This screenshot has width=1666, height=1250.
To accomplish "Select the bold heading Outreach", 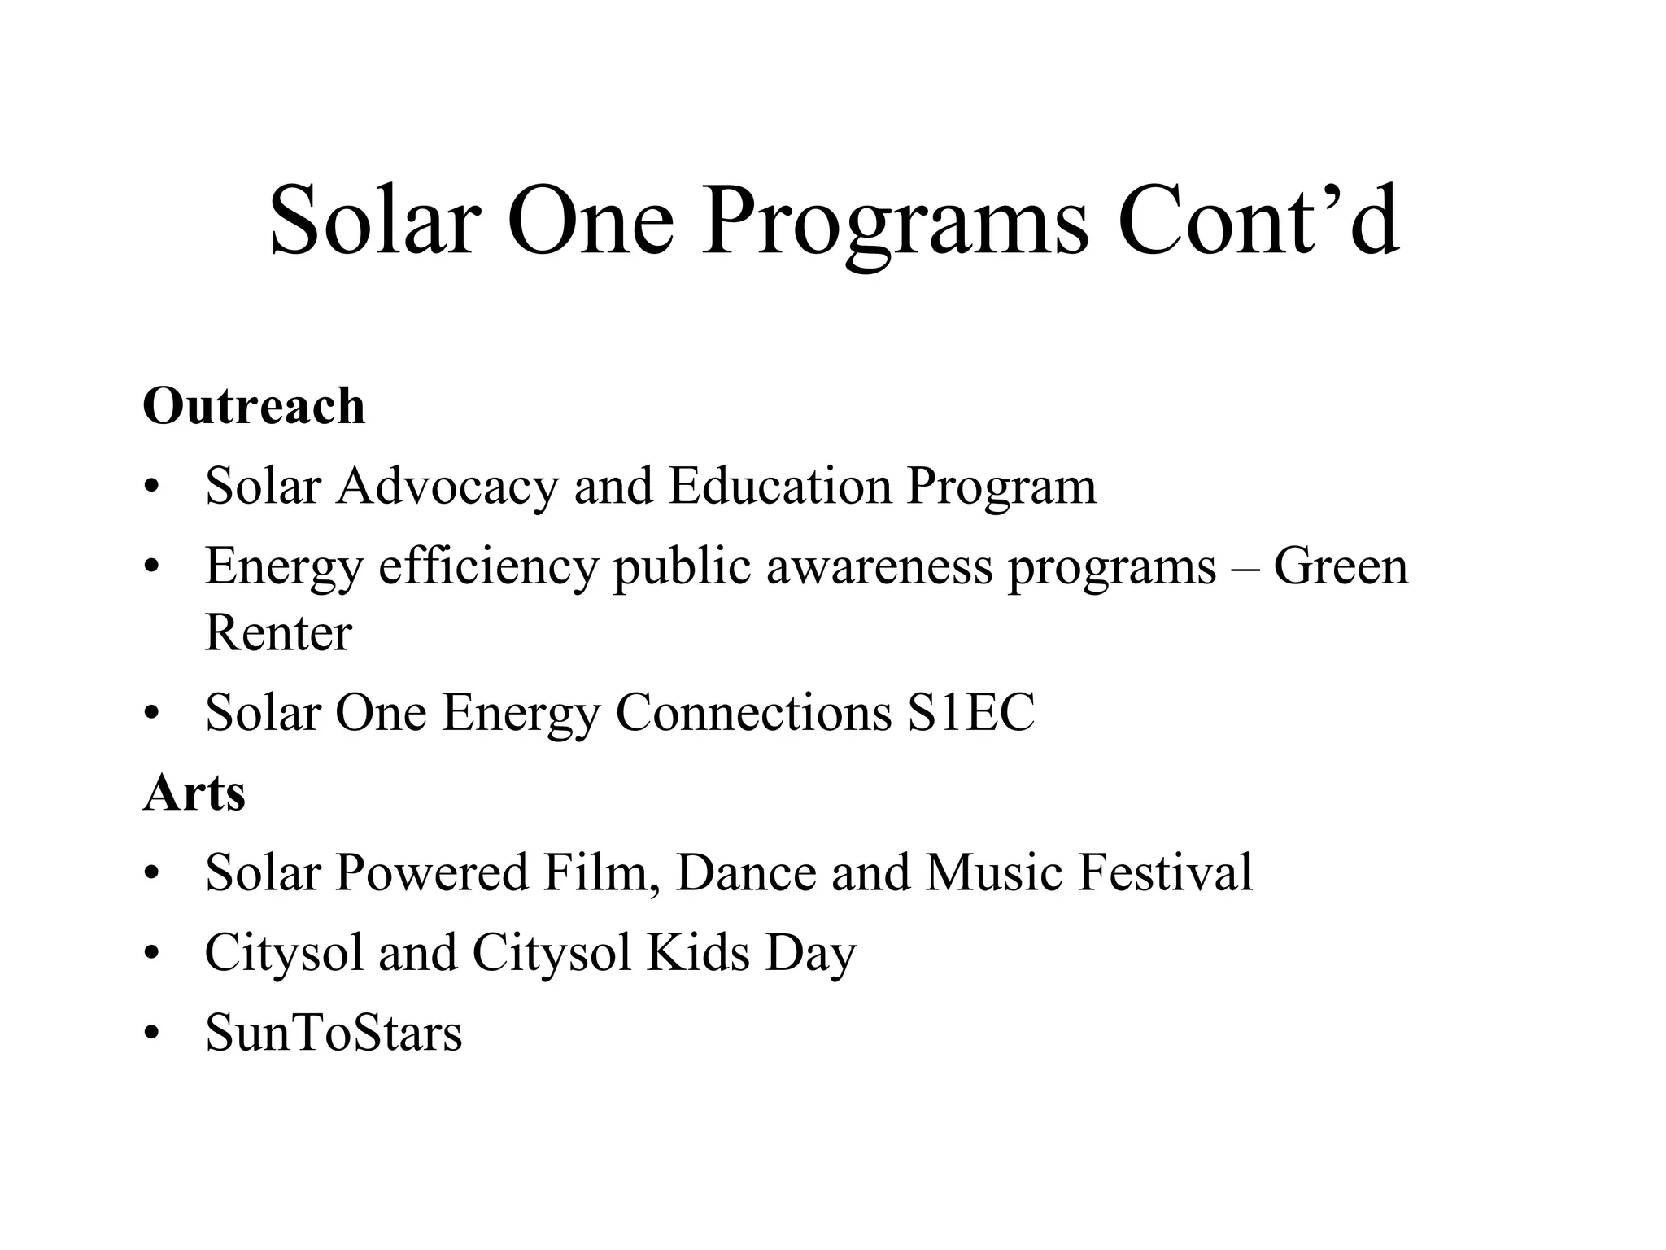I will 254,405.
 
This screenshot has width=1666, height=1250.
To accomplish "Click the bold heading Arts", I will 194,793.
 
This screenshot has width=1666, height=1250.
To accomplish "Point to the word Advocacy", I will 447,487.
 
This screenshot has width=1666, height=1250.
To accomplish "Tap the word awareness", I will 879,567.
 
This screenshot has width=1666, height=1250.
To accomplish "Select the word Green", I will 1340,567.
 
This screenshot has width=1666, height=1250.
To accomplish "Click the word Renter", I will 278,632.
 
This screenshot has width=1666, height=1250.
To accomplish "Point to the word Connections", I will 753,713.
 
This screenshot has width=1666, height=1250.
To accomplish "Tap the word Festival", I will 1165,873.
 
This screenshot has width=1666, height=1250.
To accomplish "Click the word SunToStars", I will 334,1034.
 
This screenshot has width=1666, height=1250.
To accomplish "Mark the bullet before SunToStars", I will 150,1034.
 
